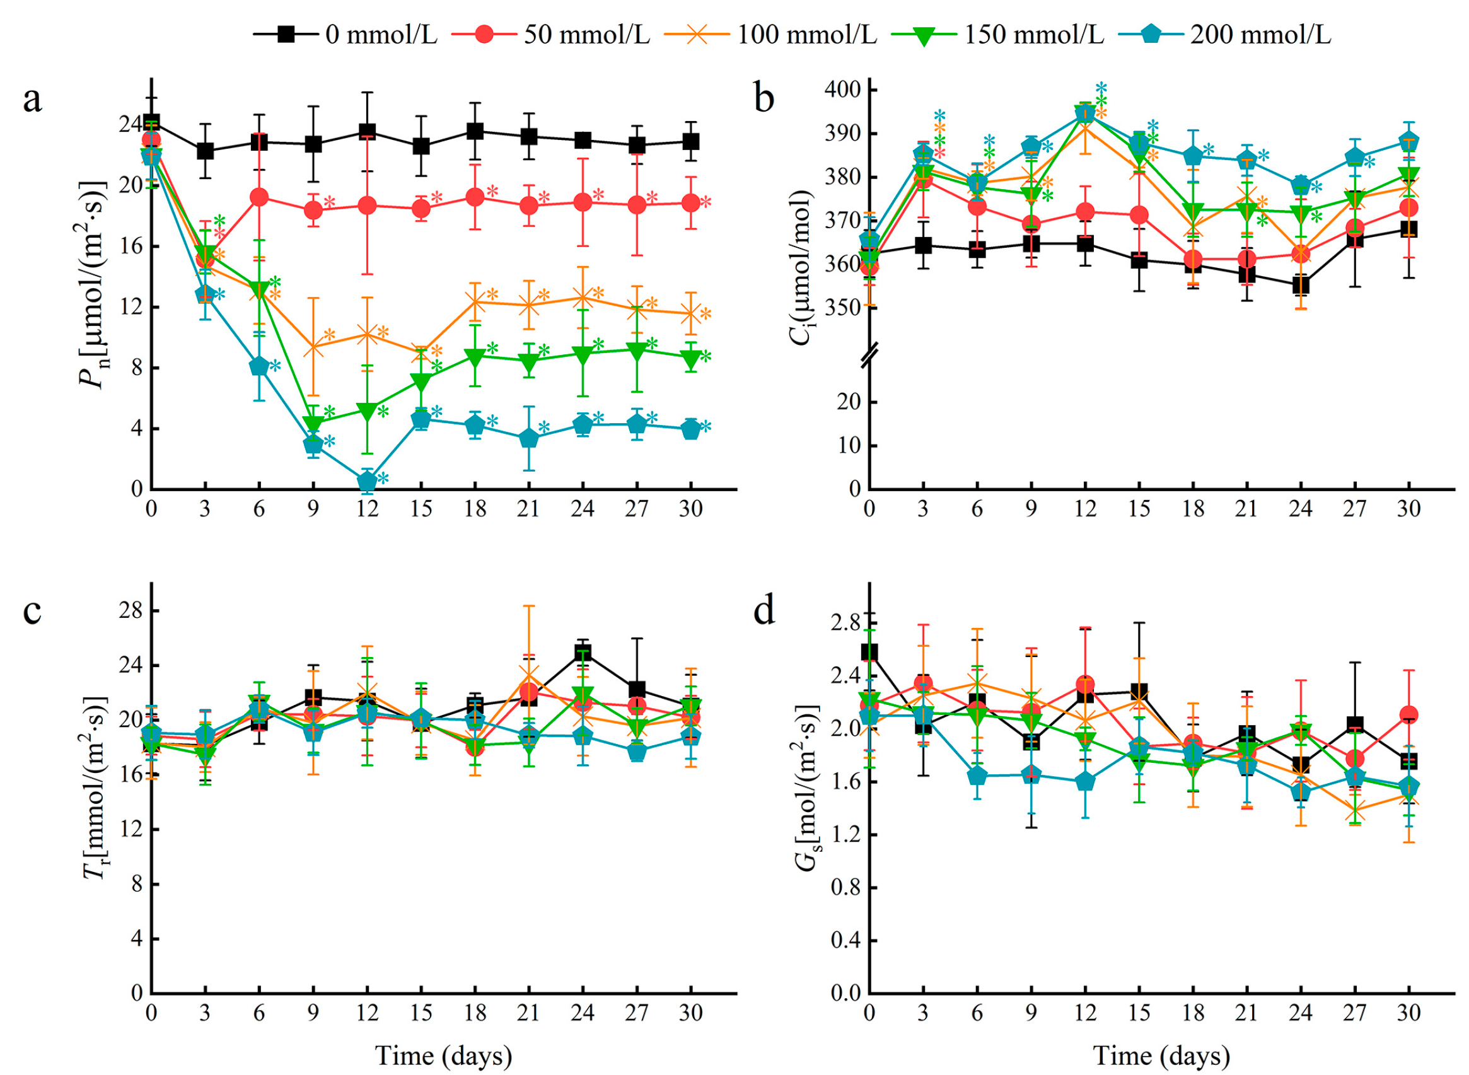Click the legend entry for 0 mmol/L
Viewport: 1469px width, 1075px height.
point(345,33)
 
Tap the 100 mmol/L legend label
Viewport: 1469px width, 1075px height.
point(771,33)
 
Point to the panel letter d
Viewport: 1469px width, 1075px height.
point(764,611)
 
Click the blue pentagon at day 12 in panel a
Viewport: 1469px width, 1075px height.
point(368,482)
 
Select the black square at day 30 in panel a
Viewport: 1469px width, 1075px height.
point(690,141)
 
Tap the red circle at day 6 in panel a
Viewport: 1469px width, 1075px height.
point(260,197)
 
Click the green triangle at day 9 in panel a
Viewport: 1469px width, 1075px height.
point(313,423)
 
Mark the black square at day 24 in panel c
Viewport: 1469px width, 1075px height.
point(583,653)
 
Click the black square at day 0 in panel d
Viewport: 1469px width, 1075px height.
point(869,653)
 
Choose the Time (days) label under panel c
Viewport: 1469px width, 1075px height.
point(444,1055)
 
